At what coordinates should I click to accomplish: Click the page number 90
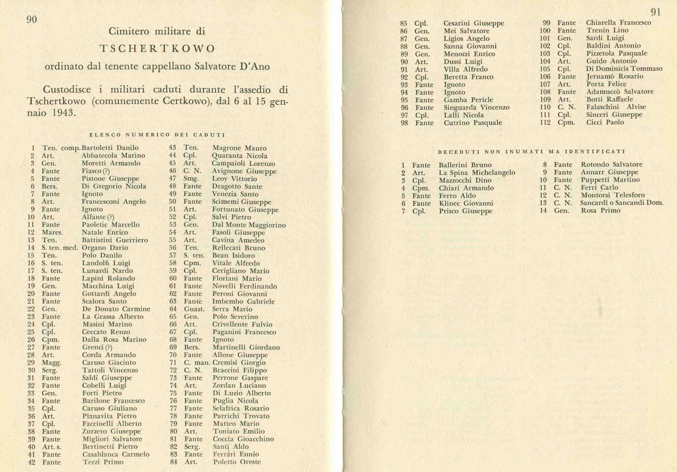(x=31, y=19)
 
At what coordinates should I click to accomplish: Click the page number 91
(x=656, y=12)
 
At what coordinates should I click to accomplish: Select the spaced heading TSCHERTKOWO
(x=157, y=49)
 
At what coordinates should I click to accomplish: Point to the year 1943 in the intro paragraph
(x=65, y=113)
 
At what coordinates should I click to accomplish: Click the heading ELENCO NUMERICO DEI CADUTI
(x=157, y=135)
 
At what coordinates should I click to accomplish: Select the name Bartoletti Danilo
(x=110, y=148)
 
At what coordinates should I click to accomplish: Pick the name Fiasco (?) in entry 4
(x=96, y=171)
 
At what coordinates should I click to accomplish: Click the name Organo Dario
(x=105, y=248)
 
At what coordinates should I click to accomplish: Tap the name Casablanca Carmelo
(x=116, y=455)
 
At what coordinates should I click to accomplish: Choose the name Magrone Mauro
(x=239, y=148)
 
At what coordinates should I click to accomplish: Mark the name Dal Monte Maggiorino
(x=249, y=225)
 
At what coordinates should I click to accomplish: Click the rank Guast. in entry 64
(x=194, y=309)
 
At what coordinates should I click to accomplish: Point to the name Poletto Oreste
(x=236, y=462)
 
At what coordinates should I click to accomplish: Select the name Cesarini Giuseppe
(x=473, y=23)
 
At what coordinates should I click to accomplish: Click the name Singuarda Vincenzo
(x=476, y=107)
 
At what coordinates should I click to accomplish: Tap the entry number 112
(x=545, y=122)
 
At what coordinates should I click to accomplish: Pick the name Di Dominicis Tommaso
(x=624, y=69)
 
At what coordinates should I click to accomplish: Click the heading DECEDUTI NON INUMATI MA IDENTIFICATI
(x=532, y=152)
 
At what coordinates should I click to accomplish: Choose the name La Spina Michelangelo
(x=477, y=173)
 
